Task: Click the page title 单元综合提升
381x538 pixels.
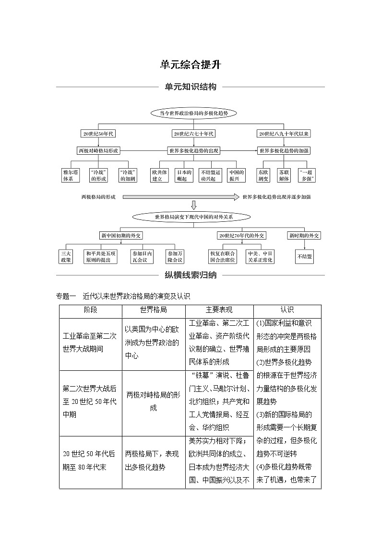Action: pos(190,65)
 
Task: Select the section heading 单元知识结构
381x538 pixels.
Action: pos(190,87)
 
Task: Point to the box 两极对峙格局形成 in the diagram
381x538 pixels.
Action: pos(98,150)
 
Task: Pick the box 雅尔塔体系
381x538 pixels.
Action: pos(68,175)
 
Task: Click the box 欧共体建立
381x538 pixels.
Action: pos(159,175)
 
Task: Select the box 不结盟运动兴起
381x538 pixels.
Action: pos(210,175)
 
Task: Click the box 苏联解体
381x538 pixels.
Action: pos(284,175)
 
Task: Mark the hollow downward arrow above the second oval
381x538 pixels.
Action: pos(193,206)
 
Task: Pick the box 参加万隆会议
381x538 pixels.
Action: pos(175,256)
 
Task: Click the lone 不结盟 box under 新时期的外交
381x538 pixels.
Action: pos(305,257)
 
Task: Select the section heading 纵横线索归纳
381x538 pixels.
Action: pos(190,275)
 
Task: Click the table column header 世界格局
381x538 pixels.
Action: pos(153,310)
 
